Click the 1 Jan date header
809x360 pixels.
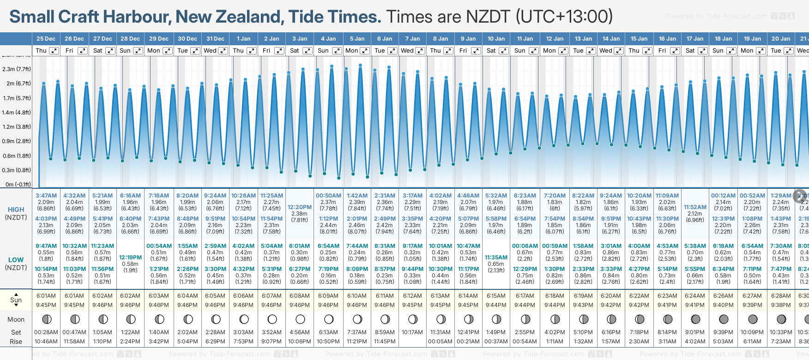(243, 39)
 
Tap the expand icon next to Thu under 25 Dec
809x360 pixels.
(54, 51)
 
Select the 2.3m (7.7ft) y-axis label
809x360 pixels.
(17, 69)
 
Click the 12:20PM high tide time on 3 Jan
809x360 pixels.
(300, 207)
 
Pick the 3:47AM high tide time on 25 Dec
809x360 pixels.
(46, 196)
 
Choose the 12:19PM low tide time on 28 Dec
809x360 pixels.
(130, 258)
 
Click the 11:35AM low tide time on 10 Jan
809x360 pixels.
(496, 258)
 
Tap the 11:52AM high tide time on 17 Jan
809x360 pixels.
(695, 207)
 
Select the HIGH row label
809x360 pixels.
(16, 210)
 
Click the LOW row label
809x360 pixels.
(16, 260)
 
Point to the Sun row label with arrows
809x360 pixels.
(16, 300)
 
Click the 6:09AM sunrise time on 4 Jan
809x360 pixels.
(328, 296)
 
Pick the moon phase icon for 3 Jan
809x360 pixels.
(300, 319)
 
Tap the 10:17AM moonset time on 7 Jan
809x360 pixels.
(412, 332)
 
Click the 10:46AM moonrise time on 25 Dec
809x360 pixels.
(46, 342)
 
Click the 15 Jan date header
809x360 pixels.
(639, 39)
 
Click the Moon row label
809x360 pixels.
(16, 319)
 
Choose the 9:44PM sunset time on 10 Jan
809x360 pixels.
(496, 305)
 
